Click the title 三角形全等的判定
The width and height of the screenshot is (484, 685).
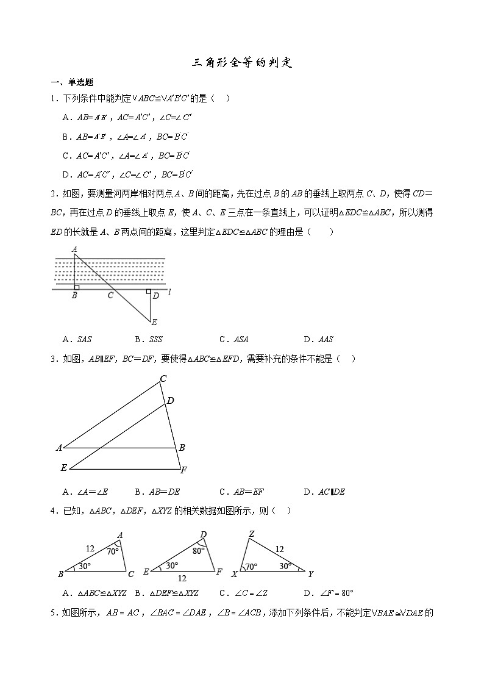[x=243, y=63]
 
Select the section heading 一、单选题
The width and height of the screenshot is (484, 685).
[x=72, y=83]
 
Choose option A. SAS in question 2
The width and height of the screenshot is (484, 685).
[x=77, y=340]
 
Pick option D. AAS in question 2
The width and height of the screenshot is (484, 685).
[x=318, y=340]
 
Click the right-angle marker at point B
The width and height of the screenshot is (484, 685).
[x=76, y=287]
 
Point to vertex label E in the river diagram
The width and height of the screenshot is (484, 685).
[x=154, y=322]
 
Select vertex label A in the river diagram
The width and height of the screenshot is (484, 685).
[x=74, y=249]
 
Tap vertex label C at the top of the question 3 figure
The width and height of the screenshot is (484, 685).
[x=163, y=379]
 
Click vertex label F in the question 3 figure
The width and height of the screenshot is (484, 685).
[x=184, y=470]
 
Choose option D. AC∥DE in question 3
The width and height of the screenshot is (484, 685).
[x=324, y=492]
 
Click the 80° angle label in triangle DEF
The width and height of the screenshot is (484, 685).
[x=199, y=551]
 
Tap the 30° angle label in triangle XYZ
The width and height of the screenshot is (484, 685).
[x=284, y=566]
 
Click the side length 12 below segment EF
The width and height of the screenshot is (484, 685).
[x=182, y=578]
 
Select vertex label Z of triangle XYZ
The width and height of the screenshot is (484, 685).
[x=251, y=534]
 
